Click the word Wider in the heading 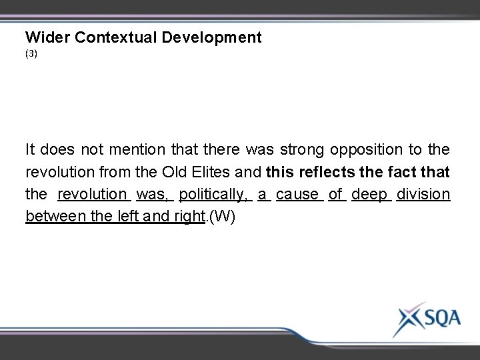pyautogui.click(x=48, y=38)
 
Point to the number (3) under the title pyautogui.click(x=31, y=55)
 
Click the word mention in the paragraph pyautogui.click(x=139, y=149)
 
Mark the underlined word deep pyautogui.click(x=369, y=195)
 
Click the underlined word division pyautogui.click(x=423, y=195)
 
